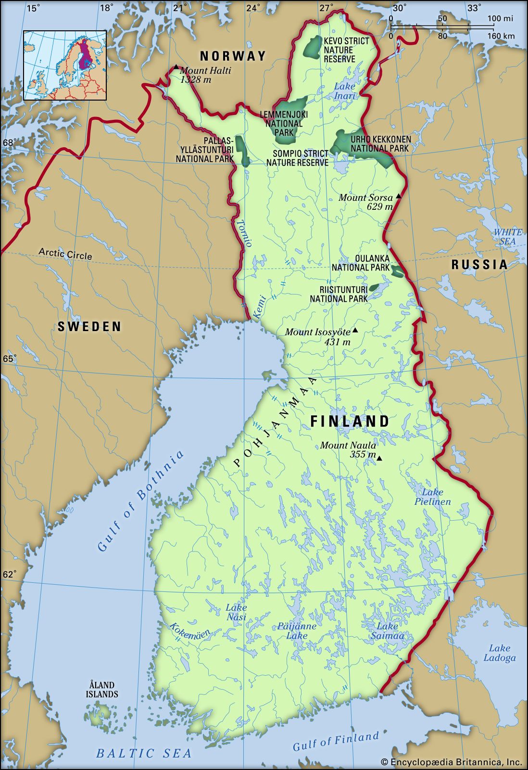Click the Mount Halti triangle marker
176,67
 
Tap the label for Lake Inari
345,91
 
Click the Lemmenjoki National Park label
284,123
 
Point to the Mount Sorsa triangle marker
398,197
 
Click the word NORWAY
233,56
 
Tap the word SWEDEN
89,327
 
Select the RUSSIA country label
479,264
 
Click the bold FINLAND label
350,421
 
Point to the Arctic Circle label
65,254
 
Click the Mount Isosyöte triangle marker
355,330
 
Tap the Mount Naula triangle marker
379,459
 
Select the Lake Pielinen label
433,497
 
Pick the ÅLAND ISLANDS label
102,690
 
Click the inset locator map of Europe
65,65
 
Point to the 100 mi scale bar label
500,19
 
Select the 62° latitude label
10,574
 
